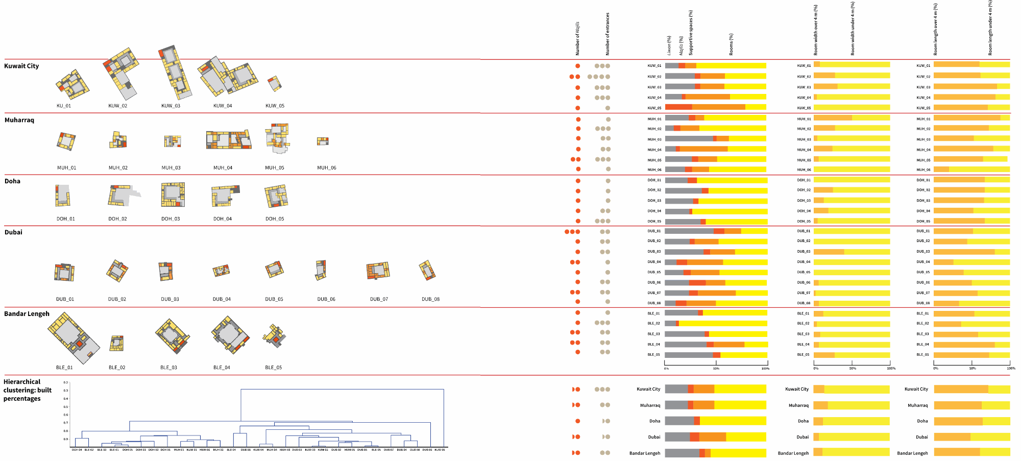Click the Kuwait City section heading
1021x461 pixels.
(x=21, y=66)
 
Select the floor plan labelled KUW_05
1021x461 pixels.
(x=275, y=83)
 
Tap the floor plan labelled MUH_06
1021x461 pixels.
(x=323, y=141)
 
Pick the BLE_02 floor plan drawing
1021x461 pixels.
(x=117, y=343)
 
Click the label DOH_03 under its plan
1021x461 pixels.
(x=171, y=219)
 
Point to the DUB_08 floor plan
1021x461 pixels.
(x=427, y=270)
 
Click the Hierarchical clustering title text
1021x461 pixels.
(x=28, y=390)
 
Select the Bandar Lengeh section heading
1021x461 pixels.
(x=27, y=314)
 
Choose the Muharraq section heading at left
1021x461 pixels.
(x=19, y=120)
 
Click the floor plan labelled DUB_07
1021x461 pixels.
(x=378, y=270)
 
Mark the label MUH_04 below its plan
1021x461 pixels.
(x=223, y=167)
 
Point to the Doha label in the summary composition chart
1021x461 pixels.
(x=654, y=421)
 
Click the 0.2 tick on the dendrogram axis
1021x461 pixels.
(x=66, y=382)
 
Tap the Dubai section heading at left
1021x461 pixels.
(x=13, y=232)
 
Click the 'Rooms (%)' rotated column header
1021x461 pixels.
(x=731, y=44)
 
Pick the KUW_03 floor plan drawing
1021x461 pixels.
(x=175, y=72)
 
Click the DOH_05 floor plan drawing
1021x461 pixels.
(x=276, y=196)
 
